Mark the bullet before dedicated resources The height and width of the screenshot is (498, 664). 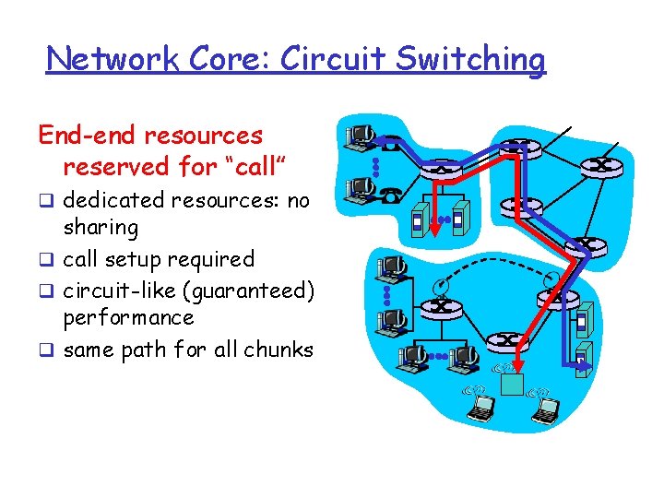[44, 201]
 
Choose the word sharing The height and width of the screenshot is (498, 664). [101, 228]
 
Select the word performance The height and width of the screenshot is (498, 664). [128, 318]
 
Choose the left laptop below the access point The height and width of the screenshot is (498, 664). [481, 406]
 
